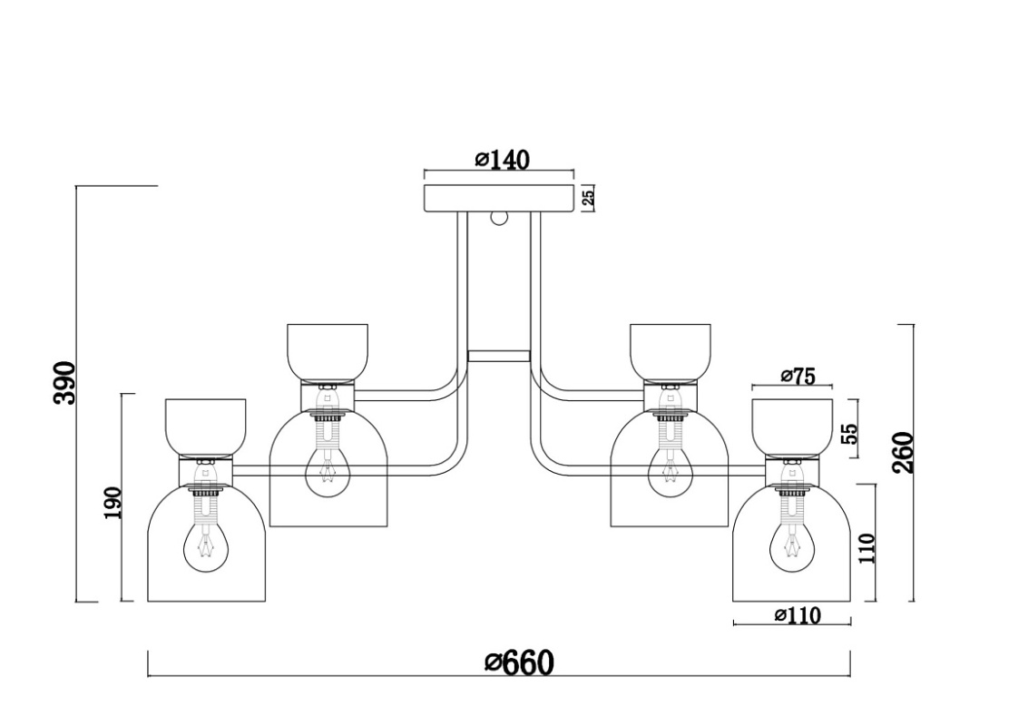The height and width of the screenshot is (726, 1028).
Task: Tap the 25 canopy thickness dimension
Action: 588,198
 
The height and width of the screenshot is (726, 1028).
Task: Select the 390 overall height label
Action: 64,383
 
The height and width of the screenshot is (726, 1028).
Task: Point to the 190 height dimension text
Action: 113,503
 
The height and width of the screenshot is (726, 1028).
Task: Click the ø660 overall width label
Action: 519,662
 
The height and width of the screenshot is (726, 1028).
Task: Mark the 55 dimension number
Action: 849,432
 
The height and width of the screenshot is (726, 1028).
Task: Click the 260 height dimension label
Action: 903,453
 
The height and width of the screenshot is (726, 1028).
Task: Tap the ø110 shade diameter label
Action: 798,616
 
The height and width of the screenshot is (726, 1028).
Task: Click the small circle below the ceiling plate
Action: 498,218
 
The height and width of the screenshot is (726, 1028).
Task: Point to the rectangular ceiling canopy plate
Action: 500,198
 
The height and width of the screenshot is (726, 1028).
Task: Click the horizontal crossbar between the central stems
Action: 499,356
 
